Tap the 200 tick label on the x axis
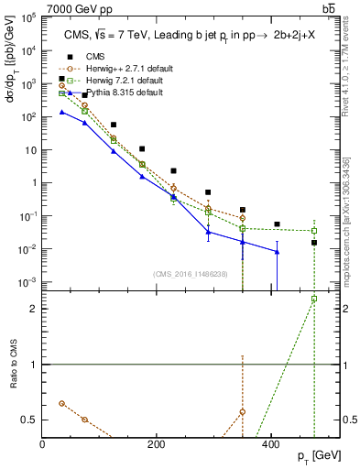156,442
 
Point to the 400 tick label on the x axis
269,442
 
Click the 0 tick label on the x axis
43,442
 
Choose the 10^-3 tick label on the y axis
27,282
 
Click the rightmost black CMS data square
314,243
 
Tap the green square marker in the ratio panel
314,299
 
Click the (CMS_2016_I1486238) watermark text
191,274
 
